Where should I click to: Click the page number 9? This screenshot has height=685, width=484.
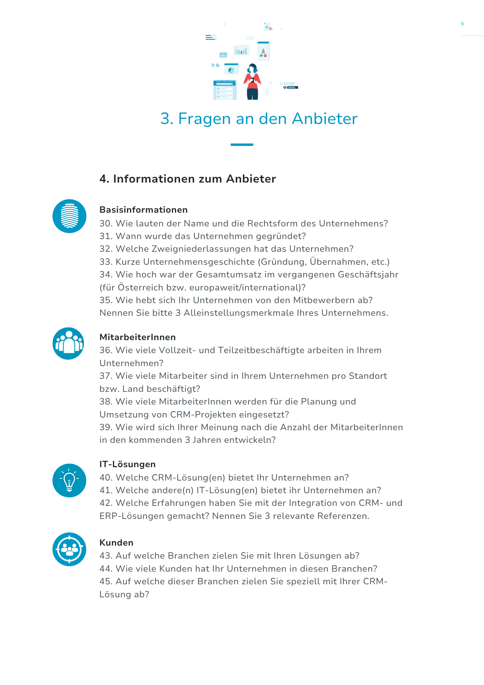click(x=462, y=24)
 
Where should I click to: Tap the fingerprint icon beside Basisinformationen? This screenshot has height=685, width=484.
click(x=69, y=216)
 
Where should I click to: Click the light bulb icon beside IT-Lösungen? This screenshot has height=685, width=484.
click(x=69, y=480)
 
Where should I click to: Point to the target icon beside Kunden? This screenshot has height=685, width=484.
click(x=69, y=549)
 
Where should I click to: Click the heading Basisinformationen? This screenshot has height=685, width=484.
click(x=143, y=210)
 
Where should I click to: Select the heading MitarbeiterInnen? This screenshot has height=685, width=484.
click(x=138, y=337)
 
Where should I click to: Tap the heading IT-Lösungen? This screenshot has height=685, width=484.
click(x=127, y=464)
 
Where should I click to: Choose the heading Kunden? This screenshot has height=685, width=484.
click(x=116, y=543)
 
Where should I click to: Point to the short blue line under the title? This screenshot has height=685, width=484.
click(x=242, y=145)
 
